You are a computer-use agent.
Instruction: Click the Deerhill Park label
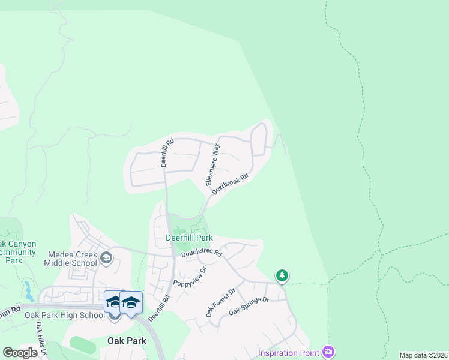(189, 238)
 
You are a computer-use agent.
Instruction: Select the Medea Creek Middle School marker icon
(106, 258)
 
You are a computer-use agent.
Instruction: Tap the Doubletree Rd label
(202, 254)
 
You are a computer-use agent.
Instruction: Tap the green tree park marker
(282, 276)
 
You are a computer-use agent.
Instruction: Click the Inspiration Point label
(289, 352)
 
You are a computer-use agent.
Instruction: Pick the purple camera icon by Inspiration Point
(328, 352)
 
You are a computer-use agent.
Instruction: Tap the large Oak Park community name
(127, 341)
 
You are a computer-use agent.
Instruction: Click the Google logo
(20, 353)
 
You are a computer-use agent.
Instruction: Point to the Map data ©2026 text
(423, 355)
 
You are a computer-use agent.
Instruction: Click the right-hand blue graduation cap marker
(131, 302)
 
